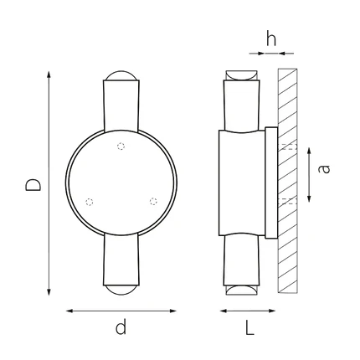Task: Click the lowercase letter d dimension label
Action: click(x=121, y=327)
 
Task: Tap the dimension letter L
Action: click(x=249, y=327)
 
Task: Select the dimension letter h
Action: click(x=271, y=39)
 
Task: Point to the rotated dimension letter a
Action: click(x=324, y=169)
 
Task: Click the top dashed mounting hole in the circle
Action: click(x=121, y=147)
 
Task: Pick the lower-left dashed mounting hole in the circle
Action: click(x=89, y=202)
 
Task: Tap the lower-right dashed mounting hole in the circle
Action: click(x=153, y=201)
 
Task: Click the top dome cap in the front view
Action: click(x=121, y=75)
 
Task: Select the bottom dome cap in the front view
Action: click(x=121, y=291)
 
